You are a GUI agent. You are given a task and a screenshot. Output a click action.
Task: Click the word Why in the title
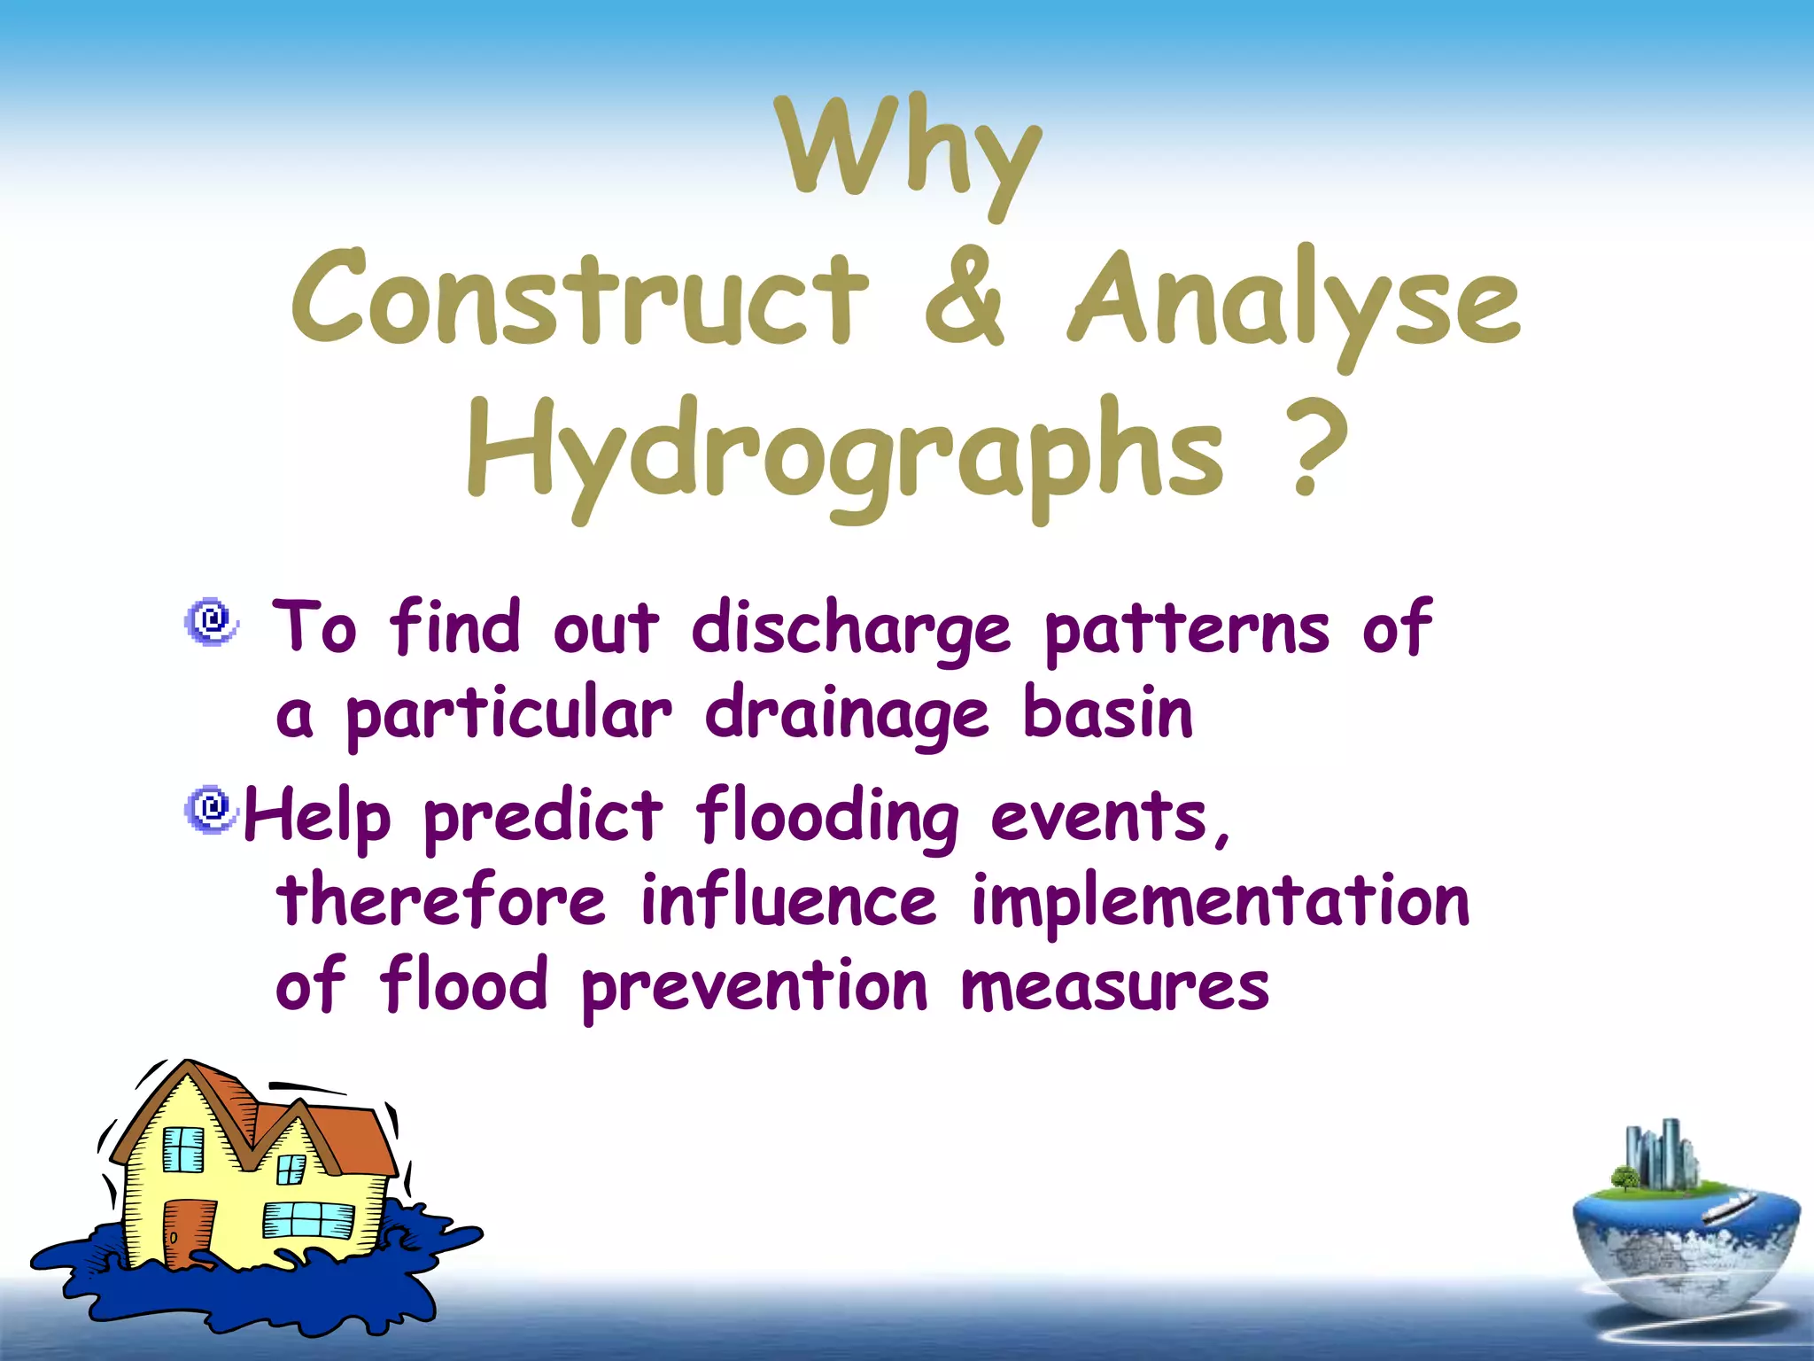(907, 151)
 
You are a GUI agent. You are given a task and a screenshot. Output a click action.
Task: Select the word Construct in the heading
(580, 299)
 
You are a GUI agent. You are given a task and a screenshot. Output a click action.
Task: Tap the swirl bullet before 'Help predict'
(211, 808)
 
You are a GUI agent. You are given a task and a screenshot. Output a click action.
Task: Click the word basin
(1107, 714)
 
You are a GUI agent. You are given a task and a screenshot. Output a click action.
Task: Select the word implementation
(1221, 902)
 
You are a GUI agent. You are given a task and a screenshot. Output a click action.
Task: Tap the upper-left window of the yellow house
(183, 1149)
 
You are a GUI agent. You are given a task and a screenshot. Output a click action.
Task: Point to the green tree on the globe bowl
(1624, 1178)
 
